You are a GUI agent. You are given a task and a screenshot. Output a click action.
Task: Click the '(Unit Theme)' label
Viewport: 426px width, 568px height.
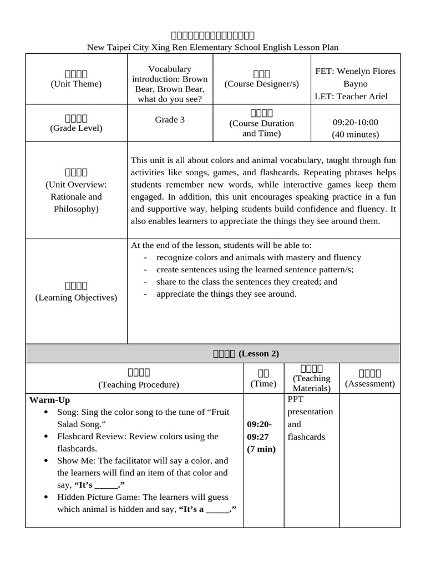(76, 84)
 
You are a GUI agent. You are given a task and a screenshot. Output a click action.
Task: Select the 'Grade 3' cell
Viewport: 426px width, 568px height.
(170, 119)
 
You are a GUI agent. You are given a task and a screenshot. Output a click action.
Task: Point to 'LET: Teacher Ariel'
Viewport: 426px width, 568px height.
(351, 96)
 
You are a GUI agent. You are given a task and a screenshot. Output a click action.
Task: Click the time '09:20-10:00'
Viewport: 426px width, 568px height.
(355, 121)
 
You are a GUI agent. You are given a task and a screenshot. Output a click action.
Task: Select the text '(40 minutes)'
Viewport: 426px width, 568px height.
(355, 134)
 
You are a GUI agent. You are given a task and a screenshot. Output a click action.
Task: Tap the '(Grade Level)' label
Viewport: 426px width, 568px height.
(76, 128)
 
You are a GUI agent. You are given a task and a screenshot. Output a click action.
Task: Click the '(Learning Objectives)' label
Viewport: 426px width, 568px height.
(76, 297)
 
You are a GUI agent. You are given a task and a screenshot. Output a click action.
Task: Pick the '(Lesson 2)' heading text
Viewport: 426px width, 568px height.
(259, 353)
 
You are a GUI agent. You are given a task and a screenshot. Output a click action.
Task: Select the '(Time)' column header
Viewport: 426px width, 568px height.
(263, 383)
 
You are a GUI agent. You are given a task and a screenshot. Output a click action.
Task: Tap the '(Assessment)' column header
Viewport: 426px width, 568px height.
(370, 383)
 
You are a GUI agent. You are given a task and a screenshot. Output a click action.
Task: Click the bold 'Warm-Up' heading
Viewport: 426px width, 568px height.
(49, 400)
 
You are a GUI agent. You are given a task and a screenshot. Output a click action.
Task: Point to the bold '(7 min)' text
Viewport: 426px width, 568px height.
(261, 449)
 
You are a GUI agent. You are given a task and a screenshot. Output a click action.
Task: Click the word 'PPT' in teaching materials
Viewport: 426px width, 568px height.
(296, 399)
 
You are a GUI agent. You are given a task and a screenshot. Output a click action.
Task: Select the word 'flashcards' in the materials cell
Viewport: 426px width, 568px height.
(306, 437)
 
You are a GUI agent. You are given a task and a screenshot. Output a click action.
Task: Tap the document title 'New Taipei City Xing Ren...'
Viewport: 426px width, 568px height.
(213, 48)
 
